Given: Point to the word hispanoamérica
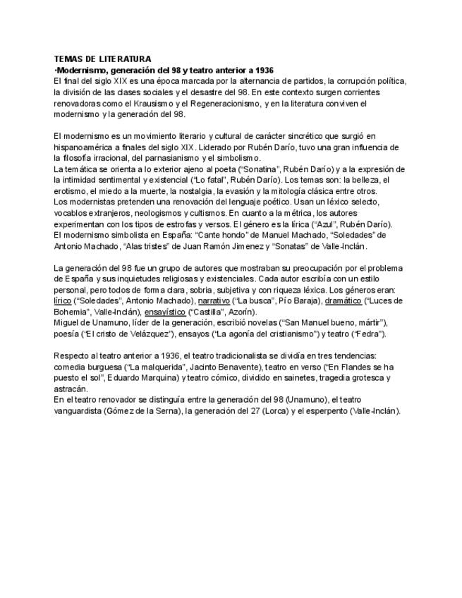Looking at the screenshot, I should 85,147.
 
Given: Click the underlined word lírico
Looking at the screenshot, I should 63,301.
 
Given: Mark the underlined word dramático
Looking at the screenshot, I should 347,301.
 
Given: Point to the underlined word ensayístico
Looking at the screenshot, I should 165,312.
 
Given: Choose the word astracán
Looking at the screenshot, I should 71,389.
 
